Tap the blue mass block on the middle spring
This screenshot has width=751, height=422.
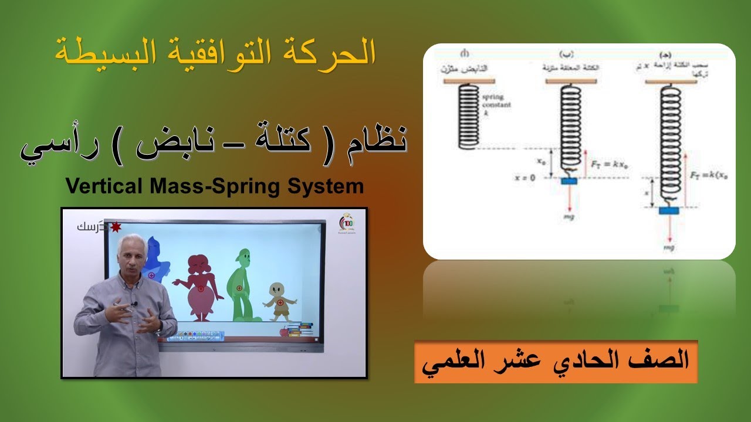pos(569,181)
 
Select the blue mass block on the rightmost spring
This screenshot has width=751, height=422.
pos(668,210)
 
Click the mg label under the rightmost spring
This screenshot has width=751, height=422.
pos(668,247)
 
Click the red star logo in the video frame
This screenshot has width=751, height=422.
pos(116,226)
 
